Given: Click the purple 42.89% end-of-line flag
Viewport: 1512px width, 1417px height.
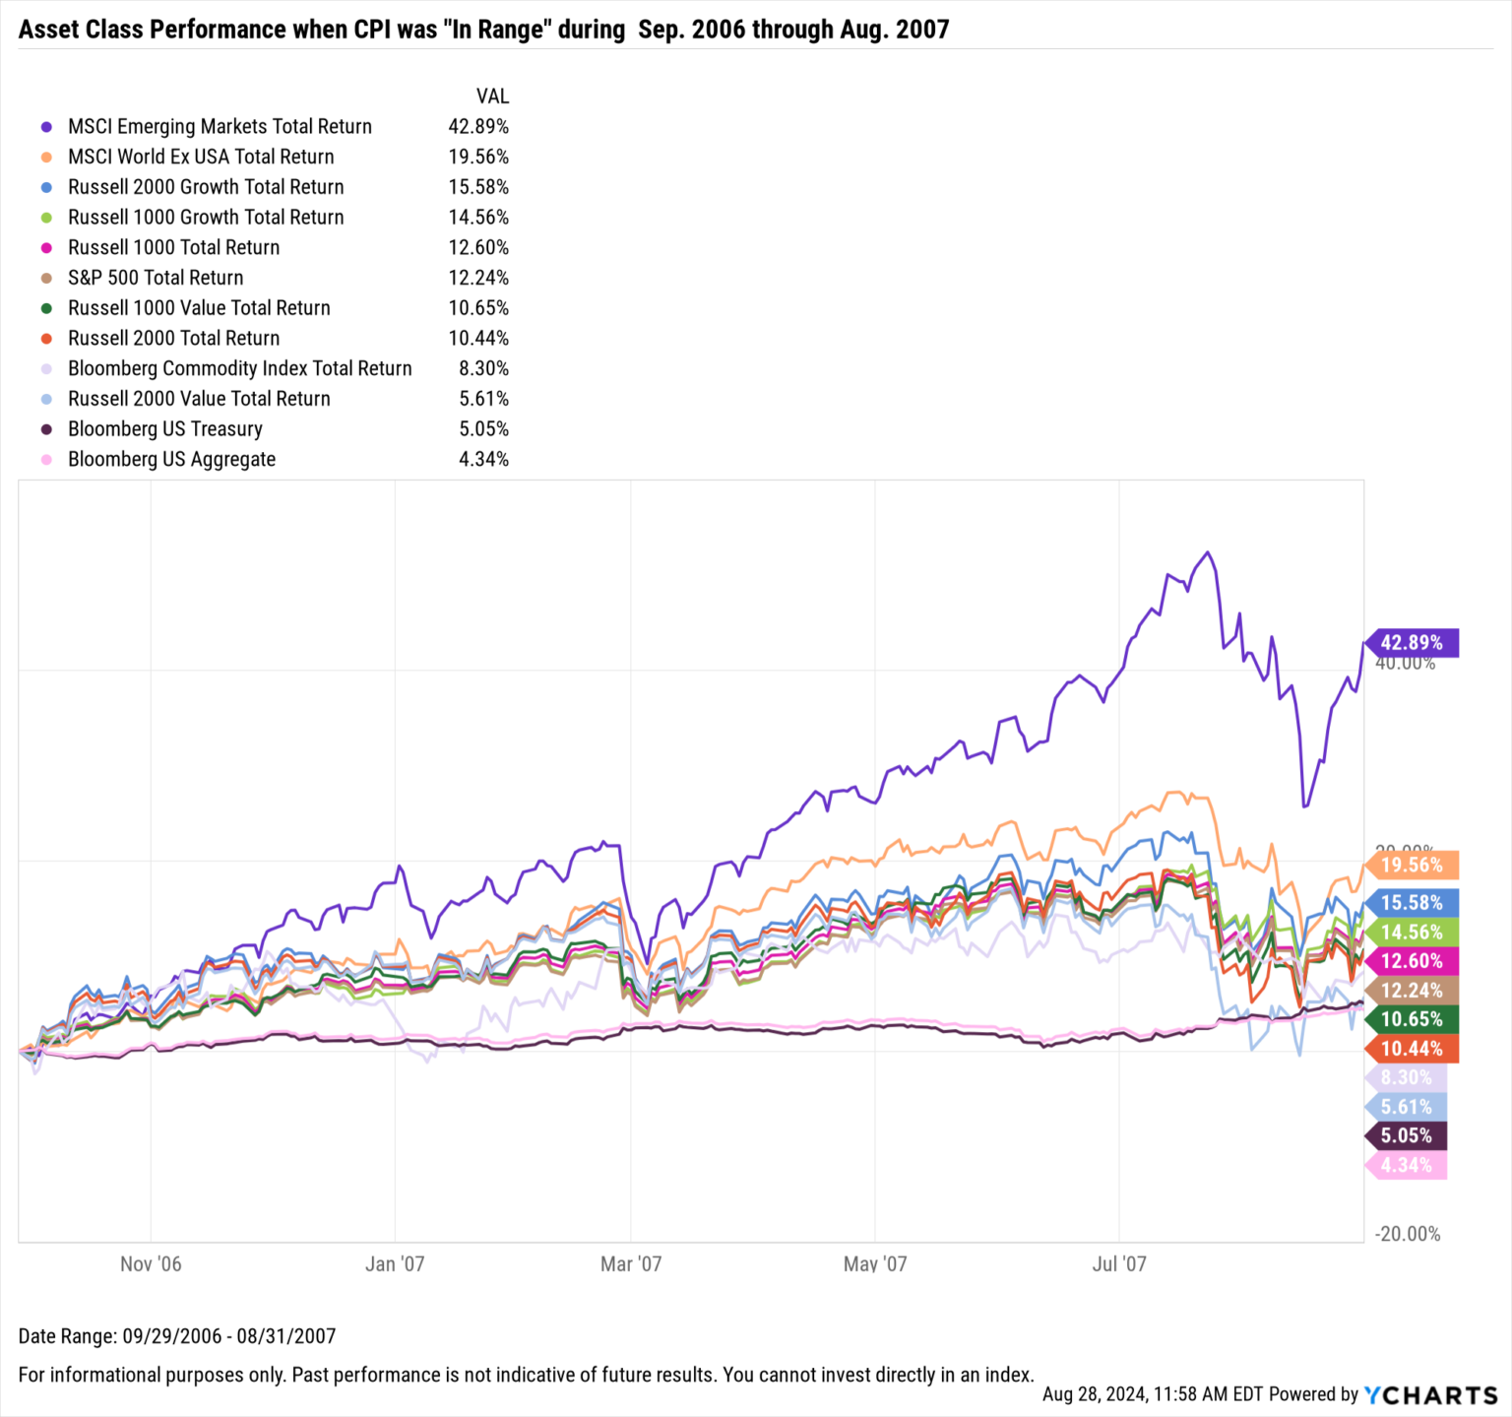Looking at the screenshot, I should click(1411, 643).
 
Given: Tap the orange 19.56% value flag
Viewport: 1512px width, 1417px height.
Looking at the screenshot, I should click(1411, 866).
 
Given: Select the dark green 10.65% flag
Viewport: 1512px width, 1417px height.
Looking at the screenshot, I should click(1411, 1019).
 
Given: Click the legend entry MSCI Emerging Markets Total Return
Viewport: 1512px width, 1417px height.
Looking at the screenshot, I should click(220, 126).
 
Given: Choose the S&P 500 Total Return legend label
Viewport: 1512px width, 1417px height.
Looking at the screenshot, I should click(156, 278).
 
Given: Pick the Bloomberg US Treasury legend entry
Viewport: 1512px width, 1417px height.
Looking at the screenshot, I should click(165, 429).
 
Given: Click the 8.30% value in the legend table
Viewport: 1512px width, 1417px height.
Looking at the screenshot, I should click(483, 368).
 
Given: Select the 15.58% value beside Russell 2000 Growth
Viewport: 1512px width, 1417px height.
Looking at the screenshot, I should click(478, 187).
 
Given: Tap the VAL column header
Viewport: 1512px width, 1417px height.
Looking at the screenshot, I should click(492, 97).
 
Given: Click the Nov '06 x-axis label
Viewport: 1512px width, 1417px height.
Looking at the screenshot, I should click(151, 1263).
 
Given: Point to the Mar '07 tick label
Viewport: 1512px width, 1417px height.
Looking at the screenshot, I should click(631, 1263).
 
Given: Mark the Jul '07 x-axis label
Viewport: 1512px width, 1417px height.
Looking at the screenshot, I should click(1119, 1263).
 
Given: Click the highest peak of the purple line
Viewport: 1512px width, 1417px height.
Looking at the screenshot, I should click(1208, 552).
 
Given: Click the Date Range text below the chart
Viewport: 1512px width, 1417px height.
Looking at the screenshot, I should click(177, 1336).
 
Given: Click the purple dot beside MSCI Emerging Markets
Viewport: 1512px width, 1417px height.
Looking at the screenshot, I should click(46, 127).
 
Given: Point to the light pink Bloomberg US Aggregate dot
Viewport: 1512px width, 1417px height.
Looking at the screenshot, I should click(46, 460).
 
